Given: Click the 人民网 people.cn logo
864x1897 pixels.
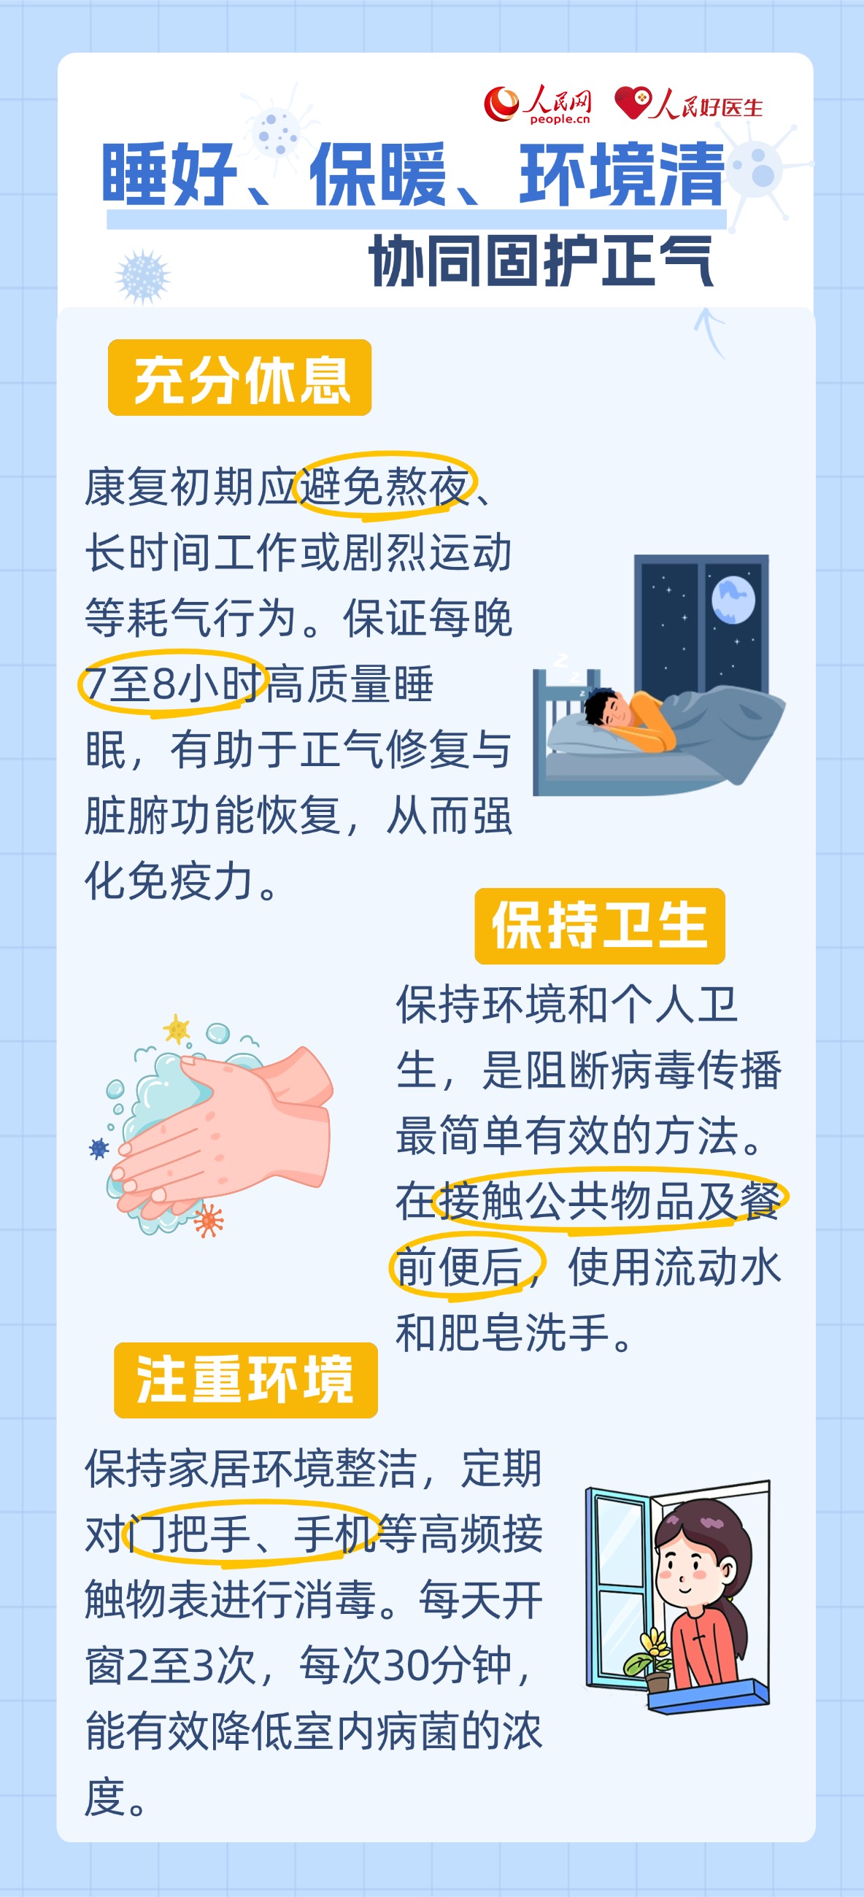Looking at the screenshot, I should pyautogui.click(x=538, y=104).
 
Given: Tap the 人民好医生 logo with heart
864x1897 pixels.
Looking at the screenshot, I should pyautogui.click(x=689, y=104).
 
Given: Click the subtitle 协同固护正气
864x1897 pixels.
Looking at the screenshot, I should pyautogui.click(x=541, y=261).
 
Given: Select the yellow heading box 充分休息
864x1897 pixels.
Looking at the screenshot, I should pyautogui.click(x=239, y=378).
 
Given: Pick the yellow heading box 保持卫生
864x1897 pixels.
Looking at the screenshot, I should pyautogui.click(x=600, y=926).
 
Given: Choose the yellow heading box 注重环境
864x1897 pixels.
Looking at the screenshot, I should pyautogui.click(x=245, y=1380).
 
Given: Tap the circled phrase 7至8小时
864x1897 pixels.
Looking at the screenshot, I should pyautogui.click(x=172, y=684).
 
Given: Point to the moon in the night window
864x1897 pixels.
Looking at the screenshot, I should pyautogui.click(x=733, y=599).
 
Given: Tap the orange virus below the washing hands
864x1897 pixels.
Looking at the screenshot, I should pyautogui.click(x=209, y=1220).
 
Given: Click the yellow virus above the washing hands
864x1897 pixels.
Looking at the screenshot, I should pyautogui.click(x=176, y=1029).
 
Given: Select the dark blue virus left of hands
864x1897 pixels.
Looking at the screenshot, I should pyautogui.click(x=99, y=1148).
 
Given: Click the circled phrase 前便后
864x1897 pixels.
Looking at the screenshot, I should pyautogui.click(x=466, y=1267).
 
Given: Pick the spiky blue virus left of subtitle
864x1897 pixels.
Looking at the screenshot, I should pyautogui.click(x=143, y=276).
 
